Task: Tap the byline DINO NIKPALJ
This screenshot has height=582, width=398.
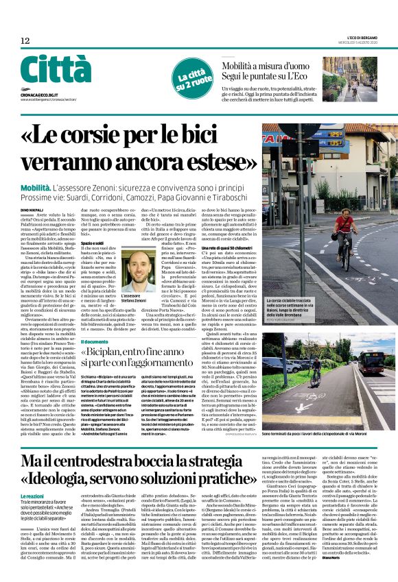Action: [32, 208]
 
